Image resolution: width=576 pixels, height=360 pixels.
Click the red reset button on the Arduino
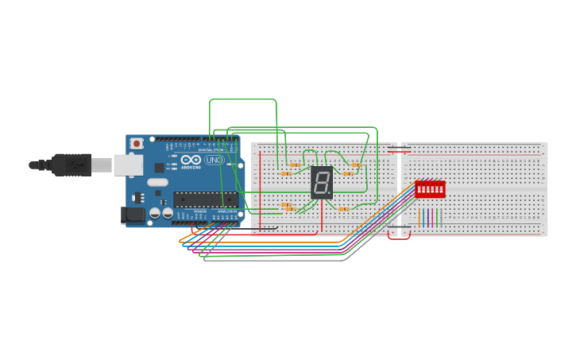(x=137, y=144)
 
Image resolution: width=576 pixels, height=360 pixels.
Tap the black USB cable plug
(x=72, y=165)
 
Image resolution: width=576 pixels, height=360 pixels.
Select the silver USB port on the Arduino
(x=127, y=165)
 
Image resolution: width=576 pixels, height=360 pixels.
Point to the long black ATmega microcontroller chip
(x=205, y=199)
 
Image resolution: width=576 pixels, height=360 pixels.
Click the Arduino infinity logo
(x=191, y=160)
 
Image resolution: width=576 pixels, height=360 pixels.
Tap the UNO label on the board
(x=214, y=160)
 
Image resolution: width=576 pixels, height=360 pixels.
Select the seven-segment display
(x=322, y=183)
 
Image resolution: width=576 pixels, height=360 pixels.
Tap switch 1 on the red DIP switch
(x=419, y=189)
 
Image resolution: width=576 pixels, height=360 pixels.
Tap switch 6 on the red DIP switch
(x=441, y=189)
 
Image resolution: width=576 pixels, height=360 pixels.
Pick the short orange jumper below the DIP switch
(x=419, y=218)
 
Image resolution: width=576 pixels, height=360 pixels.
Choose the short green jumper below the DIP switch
(x=437, y=218)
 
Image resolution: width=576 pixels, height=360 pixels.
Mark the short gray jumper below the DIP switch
(x=441, y=218)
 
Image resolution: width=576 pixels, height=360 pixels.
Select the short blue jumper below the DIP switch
(x=423, y=218)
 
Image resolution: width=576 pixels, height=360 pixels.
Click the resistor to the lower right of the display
(x=344, y=209)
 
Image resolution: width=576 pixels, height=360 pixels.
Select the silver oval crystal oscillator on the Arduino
(x=157, y=182)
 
